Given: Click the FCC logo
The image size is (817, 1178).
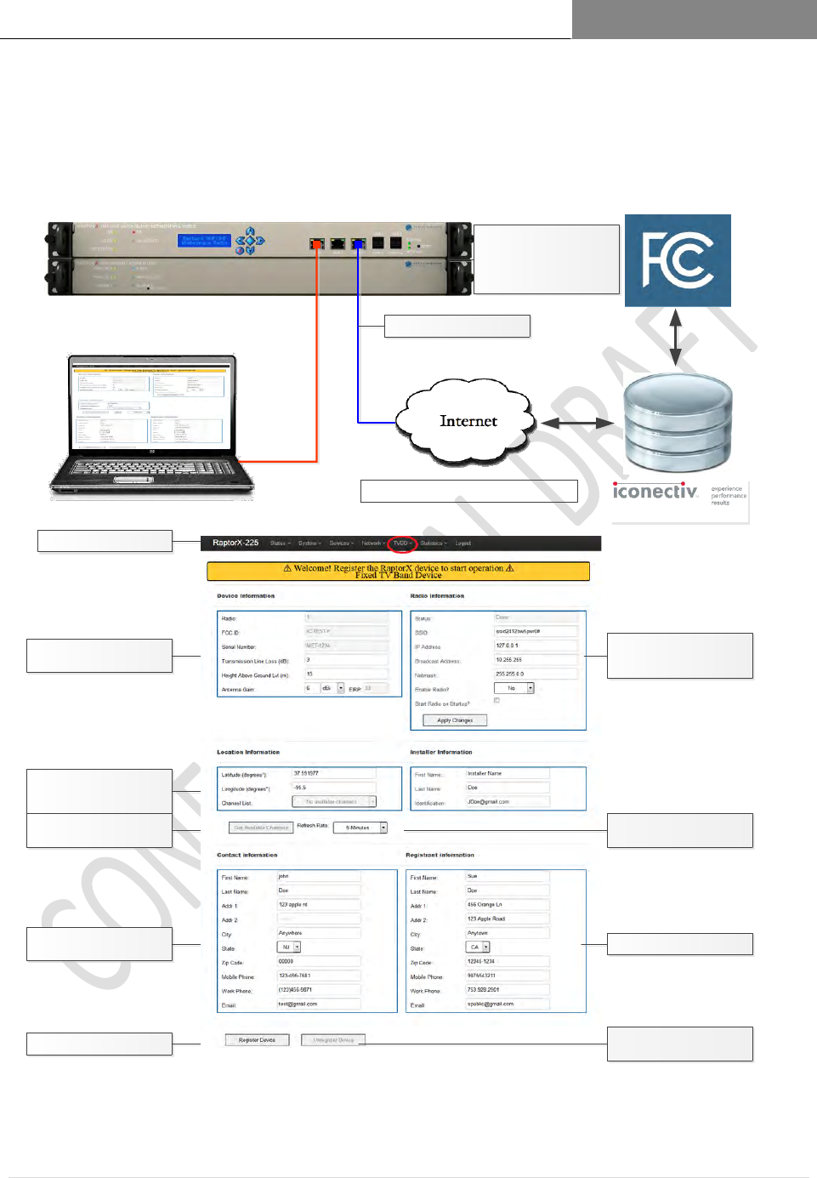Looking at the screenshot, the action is coord(678,260).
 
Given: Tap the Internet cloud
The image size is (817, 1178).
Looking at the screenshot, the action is coord(468,421).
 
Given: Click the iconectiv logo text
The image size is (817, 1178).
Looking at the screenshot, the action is coord(655,492).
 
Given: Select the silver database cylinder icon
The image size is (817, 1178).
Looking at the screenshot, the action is coord(678,424).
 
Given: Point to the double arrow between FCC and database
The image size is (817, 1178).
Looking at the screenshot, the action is coord(677,338).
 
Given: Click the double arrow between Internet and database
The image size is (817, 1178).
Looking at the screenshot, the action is coord(577,423).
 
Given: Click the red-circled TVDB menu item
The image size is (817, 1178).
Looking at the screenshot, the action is coord(401,543).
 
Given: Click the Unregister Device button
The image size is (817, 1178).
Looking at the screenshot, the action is coord(333,1040).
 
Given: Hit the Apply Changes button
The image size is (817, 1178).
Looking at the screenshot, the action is coord(455,720).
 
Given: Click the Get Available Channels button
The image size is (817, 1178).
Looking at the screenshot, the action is coord(261,828).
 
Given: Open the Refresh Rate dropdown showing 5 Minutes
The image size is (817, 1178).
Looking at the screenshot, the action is coord(360,828).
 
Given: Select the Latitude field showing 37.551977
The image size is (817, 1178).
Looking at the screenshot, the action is coord(333,773).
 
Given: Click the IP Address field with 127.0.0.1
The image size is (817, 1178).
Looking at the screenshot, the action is coord(536,646).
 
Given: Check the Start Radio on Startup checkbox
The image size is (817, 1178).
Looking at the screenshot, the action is coord(497,701).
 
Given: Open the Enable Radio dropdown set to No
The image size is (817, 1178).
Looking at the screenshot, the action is coord(513,688).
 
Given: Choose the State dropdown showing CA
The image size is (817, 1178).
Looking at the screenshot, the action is coord(478,947).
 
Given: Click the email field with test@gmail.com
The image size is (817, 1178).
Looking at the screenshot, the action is coord(319,1004).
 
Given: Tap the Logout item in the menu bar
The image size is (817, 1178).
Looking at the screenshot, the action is coord(463,543).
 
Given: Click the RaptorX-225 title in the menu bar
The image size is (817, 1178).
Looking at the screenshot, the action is coord(235,543).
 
